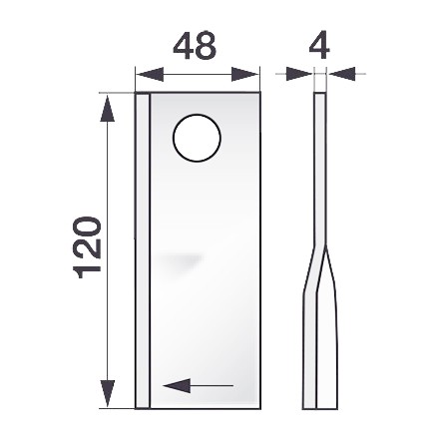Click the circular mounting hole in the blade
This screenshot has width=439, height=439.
(x=196, y=139)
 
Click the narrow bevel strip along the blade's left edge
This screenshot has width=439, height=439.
(x=142, y=249)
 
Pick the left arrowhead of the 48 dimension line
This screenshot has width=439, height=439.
(x=142, y=74)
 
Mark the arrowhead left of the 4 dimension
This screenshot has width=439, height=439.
(x=303, y=73)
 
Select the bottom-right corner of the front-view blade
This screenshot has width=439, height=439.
(x=258, y=406)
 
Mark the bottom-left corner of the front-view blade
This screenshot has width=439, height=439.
(x=136, y=406)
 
